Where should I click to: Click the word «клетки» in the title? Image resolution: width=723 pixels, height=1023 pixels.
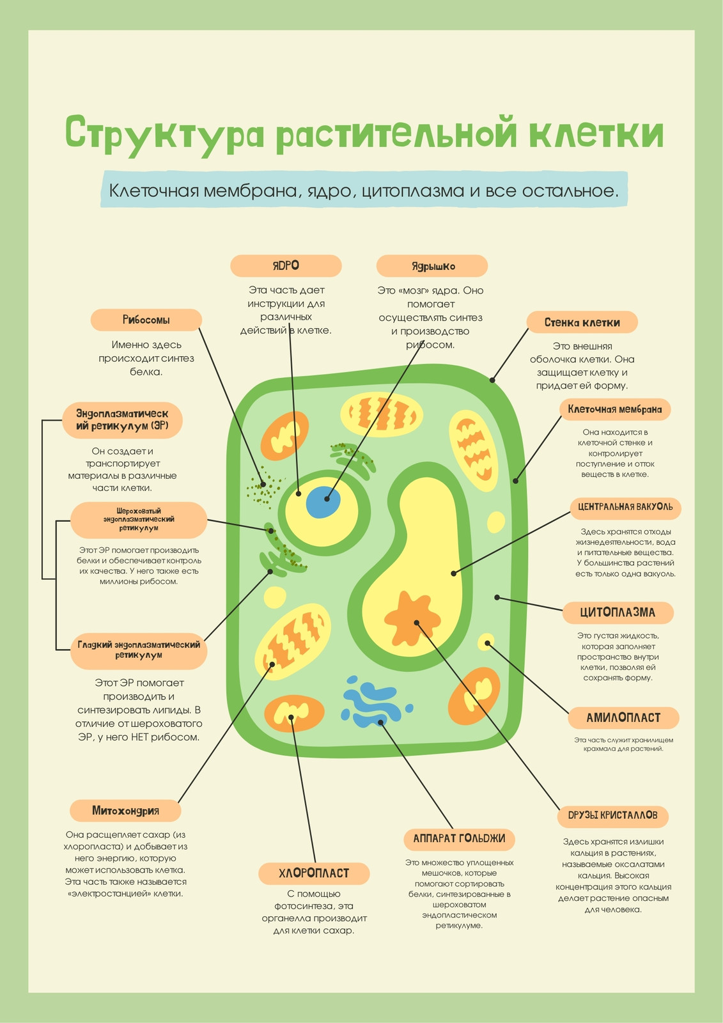click(x=596, y=134)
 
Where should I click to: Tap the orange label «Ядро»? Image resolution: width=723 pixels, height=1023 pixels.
click(x=286, y=266)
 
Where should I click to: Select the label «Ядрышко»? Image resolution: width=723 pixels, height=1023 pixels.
click(x=432, y=266)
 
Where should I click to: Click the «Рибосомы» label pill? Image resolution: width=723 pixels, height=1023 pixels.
click(x=146, y=320)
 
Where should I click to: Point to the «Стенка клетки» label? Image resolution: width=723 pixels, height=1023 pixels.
click(x=582, y=322)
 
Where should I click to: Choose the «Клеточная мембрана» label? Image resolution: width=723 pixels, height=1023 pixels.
click(x=615, y=409)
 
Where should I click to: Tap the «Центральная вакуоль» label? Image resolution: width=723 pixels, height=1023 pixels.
click(x=625, y=507)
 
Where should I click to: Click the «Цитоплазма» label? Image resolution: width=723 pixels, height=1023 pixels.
click(x=618, y=613)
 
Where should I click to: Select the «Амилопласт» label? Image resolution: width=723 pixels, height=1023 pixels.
click(x=623, y=718)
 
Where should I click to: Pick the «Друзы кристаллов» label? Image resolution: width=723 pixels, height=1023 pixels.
click(x=613, y=815)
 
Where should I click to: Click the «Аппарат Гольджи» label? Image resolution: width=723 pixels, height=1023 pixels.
click(x=460, y=838)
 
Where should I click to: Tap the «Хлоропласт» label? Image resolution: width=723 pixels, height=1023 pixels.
click(x=315, y=873)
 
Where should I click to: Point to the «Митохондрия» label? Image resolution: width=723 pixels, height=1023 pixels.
click(x=125, y=811)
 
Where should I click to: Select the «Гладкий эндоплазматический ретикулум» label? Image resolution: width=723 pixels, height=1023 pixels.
click(x=139, y=650)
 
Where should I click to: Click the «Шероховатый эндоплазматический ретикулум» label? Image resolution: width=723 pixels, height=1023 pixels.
click(x=139, y=520)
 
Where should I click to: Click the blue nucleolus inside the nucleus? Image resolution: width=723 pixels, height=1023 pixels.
click(x=323, y=501)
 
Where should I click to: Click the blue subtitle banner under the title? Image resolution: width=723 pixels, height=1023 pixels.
click(x=364, y=189)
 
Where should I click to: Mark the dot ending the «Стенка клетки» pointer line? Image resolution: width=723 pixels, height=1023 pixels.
click(x=492, y=380)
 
